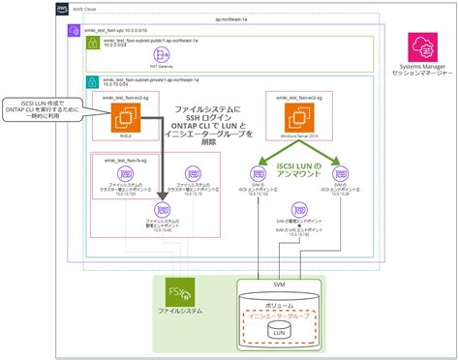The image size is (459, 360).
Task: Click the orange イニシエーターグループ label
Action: tap(282, 315)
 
